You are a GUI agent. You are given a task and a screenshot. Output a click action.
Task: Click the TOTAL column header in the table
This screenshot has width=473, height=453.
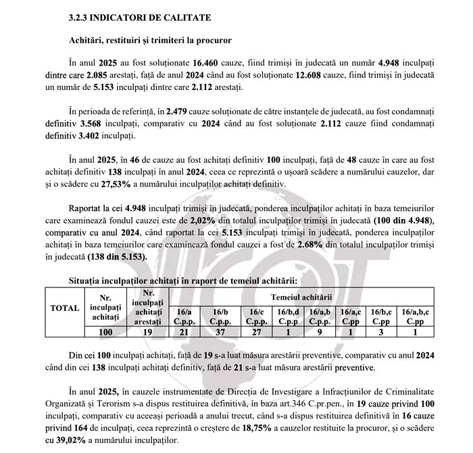pos(65,308)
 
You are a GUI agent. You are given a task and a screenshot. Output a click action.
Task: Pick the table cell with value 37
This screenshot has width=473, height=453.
pos(220,333)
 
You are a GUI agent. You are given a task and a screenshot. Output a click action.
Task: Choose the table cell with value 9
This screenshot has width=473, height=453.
pos(320,333)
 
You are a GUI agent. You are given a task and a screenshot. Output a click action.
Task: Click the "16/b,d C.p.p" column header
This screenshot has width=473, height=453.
pos(289,316)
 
